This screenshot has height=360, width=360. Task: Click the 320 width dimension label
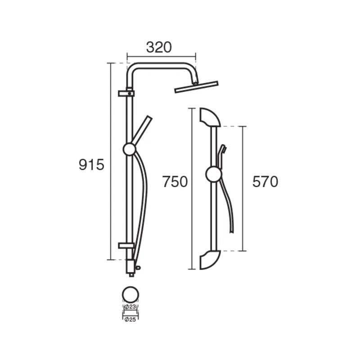point(159,48)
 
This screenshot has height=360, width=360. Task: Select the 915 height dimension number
point(91,165)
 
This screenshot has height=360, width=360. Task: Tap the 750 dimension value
point(175,182)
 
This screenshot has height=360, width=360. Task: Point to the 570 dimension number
point(265,182)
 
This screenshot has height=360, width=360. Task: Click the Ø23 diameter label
point(130,306)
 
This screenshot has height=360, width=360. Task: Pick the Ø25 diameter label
point(130,319)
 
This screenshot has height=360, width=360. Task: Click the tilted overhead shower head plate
point(196,87)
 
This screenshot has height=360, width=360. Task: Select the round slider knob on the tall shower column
point(130,149)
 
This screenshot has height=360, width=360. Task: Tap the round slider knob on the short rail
point(214,175)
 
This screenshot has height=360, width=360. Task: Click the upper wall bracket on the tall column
point(126,94)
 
